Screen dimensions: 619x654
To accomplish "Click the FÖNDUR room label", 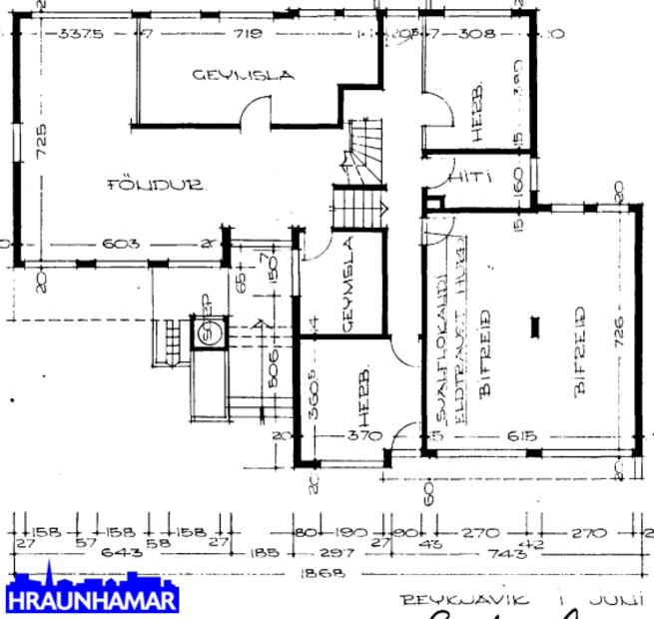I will point(157,185).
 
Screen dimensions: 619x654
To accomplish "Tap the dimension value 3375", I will point(81,34).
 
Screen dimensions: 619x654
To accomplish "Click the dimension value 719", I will point(248,34).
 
